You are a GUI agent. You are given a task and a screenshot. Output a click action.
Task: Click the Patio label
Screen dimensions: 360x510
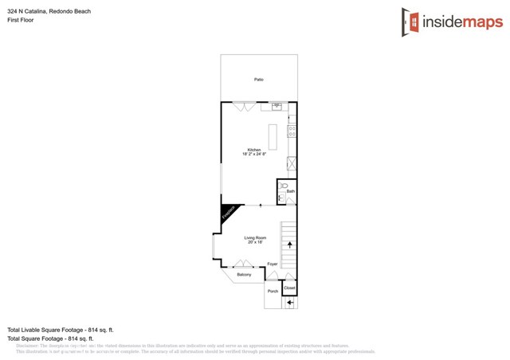259,80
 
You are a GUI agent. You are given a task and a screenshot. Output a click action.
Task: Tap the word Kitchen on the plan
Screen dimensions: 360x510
253,150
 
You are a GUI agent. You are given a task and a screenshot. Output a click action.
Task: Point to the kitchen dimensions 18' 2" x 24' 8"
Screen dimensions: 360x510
253,155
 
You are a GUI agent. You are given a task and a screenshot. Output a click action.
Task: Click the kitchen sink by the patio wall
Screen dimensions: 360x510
277,105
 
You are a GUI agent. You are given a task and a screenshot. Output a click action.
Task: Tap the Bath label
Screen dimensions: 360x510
290,192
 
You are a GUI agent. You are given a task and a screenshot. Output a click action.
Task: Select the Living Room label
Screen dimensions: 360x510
255,237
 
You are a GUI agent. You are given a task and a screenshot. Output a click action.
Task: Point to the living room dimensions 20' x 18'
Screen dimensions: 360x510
255,242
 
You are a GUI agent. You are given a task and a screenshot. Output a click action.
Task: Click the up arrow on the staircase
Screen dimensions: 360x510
289,245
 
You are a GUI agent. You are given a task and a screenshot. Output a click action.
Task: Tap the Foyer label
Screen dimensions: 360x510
273,264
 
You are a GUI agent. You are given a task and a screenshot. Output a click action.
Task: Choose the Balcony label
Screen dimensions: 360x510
244,275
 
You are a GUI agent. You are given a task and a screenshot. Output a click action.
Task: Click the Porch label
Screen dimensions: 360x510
273,292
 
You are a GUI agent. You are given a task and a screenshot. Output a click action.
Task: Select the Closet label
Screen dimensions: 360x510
290,288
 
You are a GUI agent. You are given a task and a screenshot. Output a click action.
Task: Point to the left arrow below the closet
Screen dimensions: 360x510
290,303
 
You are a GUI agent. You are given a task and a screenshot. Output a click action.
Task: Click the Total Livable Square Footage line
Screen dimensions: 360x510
61,330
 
